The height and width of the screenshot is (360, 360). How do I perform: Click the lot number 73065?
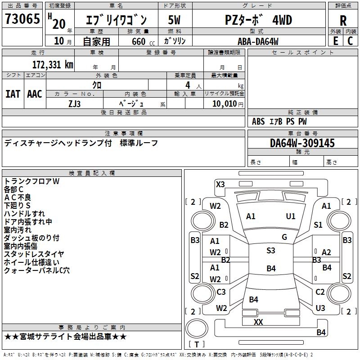pos(22,20)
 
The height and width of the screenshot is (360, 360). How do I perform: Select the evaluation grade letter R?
pos(343,21)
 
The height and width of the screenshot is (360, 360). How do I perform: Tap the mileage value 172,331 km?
pos(53,64)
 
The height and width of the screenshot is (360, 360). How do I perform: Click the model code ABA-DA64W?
pos(258,41)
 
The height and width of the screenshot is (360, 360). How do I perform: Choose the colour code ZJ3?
pos(74,103)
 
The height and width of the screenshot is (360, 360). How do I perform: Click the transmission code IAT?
pos(13,94)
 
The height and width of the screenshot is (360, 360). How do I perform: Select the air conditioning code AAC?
pos(35,94)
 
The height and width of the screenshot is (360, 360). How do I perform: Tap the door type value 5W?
pos(174,20)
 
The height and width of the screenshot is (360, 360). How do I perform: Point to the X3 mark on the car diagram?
pos(220,184)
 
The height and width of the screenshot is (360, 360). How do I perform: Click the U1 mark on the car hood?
pos(291,216)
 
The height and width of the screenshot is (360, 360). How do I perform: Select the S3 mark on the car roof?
pos(270,251)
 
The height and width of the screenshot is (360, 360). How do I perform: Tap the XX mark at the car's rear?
pos(258,322)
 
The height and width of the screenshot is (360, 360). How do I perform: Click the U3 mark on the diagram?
pos(320,308)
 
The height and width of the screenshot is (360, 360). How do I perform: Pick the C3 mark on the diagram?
pos(221,292)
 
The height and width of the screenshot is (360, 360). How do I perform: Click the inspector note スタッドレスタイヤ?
pos(34,254)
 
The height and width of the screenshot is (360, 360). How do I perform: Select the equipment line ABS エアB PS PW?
pos(279,121)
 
